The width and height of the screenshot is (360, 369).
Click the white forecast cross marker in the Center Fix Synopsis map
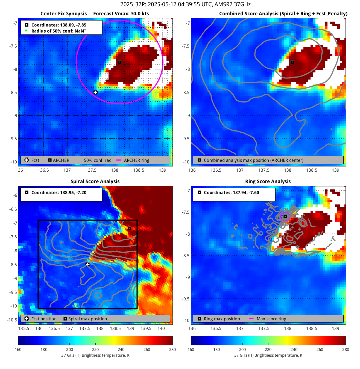pyautogui.click(x=95, y=92)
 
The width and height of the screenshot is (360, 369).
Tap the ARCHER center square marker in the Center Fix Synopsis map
pyautogui.click(x=119, y=62)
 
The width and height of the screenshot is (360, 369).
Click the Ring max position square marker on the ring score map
pyautogui.click(x=285, y=216)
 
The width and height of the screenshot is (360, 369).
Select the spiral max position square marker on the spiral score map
pyautogui.click(x=130, y=228)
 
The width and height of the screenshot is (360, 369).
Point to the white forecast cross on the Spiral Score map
pyautogui.click(x=88, y=264)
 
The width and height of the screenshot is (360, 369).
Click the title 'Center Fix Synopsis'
pyautogui.click(x=63, y=14)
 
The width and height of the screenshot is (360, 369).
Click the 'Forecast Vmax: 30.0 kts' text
pyautogui.click(x=121, y=14)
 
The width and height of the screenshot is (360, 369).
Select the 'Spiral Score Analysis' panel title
pyautogui.click(x=95, y=181)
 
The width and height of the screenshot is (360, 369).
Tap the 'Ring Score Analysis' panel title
pyautogui.click(x=268, y=181)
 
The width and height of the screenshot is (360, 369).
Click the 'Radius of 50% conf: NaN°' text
pyautogui.click(x=59, y=31)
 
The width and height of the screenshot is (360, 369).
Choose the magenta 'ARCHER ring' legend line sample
pyautogui.click(x=119, y=160)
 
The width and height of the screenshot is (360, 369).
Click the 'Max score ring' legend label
pyautogui.click(x=271, y=319)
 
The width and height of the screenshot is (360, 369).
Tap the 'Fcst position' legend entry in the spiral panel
pyautogui.click(x=44, y=319)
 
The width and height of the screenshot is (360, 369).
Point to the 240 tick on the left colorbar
pyautogui.click(x=121, y=349)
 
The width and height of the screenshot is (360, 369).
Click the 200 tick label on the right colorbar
pyautogui.click(x=242, y=349)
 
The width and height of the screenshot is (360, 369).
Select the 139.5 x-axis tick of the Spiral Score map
pyautogui.click(x=146, y=329)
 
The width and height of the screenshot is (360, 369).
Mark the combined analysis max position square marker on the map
pyautogui.click(x=292, y=62)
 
